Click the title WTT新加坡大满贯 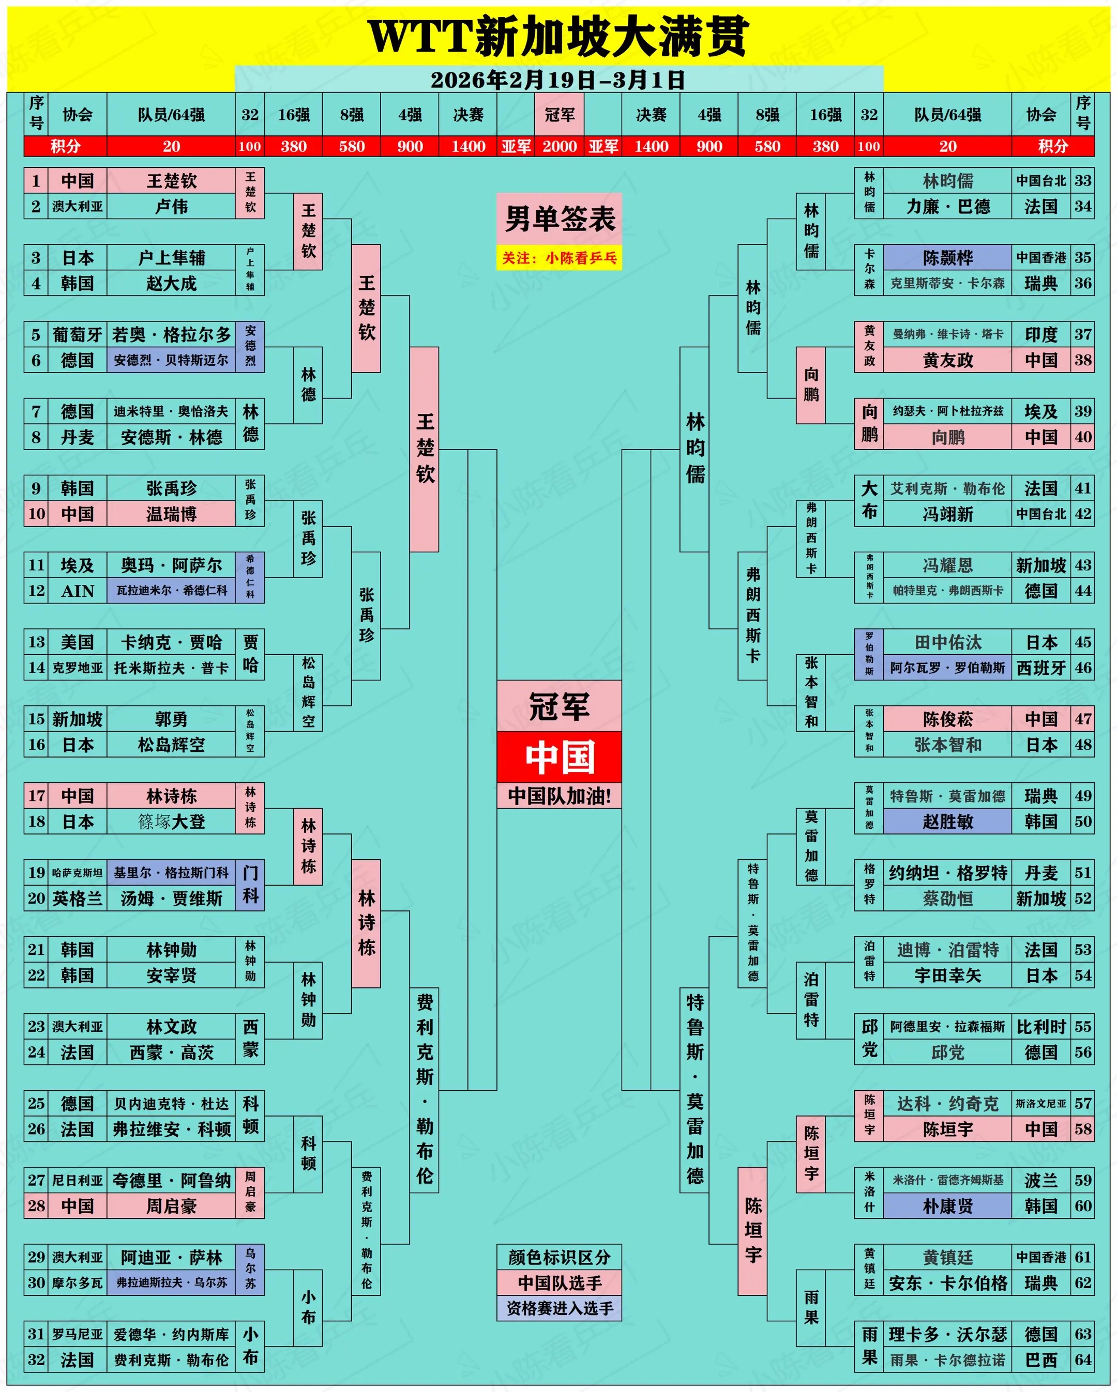558,36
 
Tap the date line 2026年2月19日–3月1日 558,80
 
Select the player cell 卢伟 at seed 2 171,207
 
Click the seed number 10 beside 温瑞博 36,514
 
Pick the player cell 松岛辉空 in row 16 171,745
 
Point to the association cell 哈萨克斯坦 78,873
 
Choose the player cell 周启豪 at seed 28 171,1206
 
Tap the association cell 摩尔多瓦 78,1283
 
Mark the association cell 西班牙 1041,668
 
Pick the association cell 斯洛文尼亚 1041,1103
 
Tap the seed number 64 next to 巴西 1083,1360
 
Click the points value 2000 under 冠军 560,147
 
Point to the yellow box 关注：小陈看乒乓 560,258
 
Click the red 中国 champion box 560,756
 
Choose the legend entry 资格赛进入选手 560,1308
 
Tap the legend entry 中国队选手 560,1282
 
